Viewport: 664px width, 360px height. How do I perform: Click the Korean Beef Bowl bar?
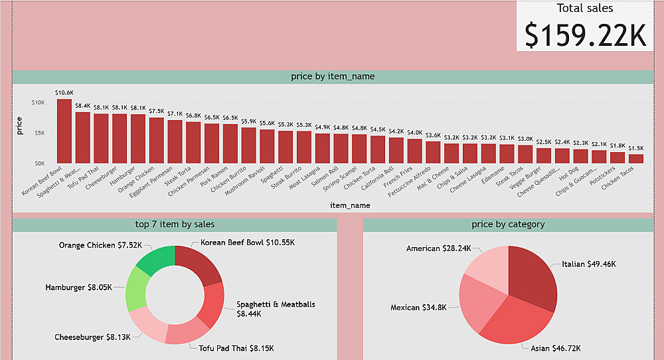64,131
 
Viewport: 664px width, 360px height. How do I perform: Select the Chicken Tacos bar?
636,159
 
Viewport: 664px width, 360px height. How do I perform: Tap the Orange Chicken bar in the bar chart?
157,140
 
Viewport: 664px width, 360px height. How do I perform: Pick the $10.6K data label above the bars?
64,92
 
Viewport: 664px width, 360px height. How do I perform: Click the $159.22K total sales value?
585,35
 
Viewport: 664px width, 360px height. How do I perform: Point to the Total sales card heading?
585,9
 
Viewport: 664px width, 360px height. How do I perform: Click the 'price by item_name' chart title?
333,76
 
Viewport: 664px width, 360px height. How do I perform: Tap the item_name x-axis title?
349,206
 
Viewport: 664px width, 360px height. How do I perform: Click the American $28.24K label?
438,248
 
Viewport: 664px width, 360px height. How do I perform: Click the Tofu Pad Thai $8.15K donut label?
236,348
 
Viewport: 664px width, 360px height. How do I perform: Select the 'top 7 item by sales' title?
175,225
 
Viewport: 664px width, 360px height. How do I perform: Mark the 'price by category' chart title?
508,225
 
